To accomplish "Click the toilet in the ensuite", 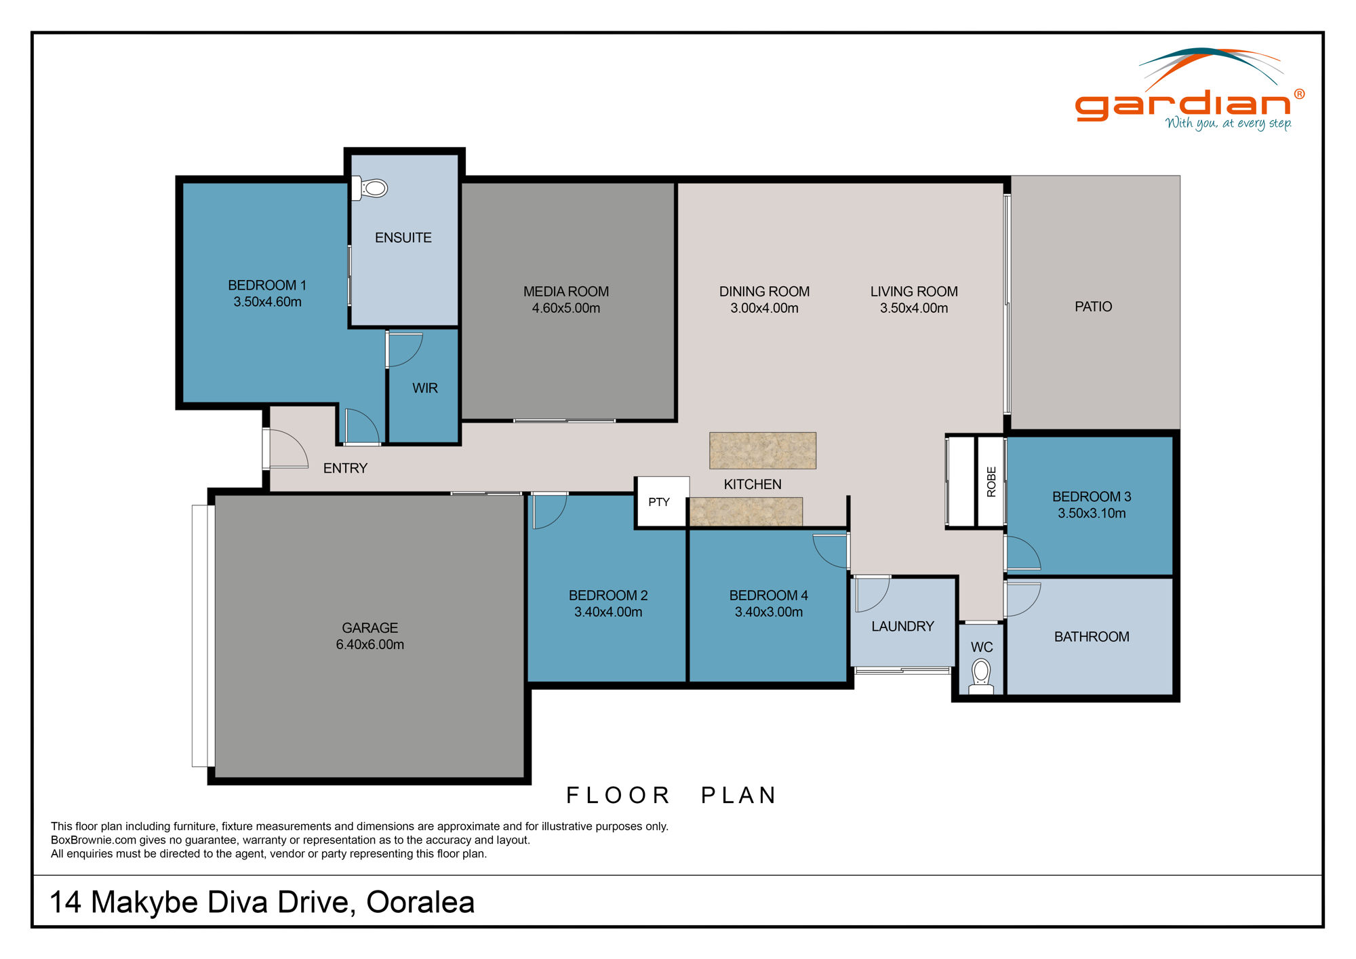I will (371, 188).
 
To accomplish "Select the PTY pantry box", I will (659, 502).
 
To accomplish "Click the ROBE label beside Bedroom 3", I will (991, 482).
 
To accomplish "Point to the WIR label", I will (425, 388).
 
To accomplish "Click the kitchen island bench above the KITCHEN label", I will (763, 450).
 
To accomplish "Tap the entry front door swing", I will (287, 449).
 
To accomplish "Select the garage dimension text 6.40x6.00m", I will (370, 644).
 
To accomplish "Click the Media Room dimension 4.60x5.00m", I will (566, 308).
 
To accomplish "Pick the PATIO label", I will (1093, 307).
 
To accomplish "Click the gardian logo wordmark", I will (1183, 105).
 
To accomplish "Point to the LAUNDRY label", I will (902, 626).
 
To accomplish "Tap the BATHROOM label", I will (1091, 636).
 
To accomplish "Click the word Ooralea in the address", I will (420, 902).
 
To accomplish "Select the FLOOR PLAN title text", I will (671, 795).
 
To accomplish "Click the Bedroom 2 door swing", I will (548, 511).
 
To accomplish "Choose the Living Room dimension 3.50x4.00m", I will (914, 308).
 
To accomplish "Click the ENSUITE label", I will (403, 237).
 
